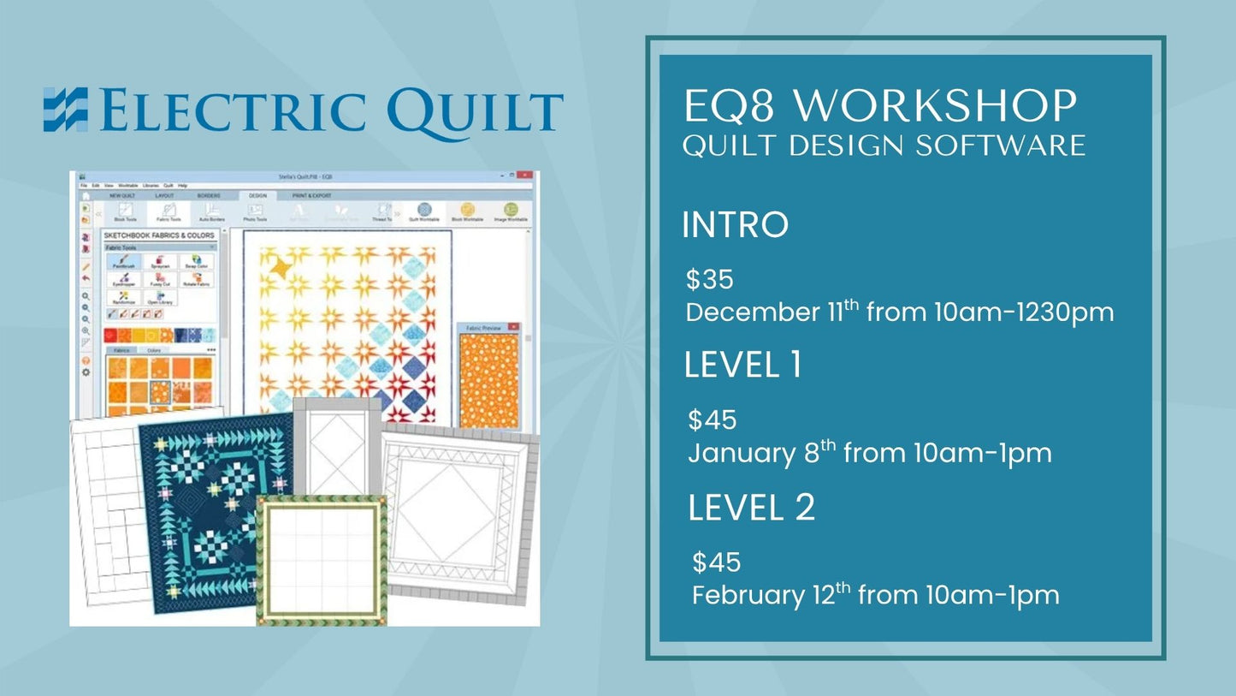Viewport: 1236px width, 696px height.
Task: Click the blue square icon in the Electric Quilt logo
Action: click(66, 110)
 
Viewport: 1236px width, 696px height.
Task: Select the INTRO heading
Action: click(735, 225)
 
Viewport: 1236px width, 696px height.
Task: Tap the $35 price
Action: click(710, 280)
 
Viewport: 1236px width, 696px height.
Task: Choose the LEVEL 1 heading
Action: click(742, 366)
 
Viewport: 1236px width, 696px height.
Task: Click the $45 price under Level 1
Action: click(713, 420)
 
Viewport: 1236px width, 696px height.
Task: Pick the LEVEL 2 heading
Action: click(751, 508)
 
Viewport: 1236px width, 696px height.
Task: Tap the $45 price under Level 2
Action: click(717, 562)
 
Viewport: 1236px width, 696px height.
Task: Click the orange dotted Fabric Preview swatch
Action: click(488, 380)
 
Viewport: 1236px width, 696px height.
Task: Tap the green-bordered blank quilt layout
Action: click(322, 560)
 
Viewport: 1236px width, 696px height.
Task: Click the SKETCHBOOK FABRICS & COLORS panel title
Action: click(160, 235)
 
